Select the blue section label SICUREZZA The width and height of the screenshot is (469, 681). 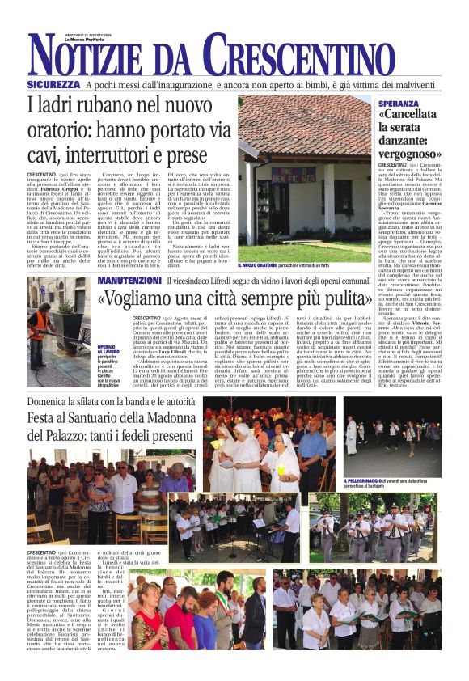point(53,84)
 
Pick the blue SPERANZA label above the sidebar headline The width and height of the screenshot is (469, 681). point(399,104)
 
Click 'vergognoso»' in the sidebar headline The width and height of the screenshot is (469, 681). point(420,153)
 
